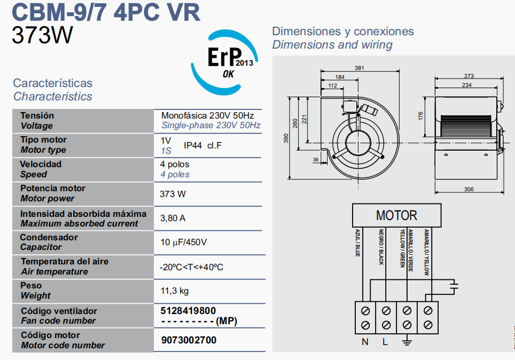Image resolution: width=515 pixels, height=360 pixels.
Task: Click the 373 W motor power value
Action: point(173,194)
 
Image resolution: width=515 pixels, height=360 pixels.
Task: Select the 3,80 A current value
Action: point(173,218)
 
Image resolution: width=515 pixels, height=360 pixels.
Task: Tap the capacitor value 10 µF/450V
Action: point(183,242)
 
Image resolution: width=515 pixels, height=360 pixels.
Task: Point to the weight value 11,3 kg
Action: point(175,291)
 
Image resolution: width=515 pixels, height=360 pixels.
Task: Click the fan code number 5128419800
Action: point(188,310)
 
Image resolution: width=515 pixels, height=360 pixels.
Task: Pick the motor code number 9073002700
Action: point(189,340)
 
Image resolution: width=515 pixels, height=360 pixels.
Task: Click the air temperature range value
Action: point(191,267)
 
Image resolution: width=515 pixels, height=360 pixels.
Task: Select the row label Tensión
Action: point(37,115)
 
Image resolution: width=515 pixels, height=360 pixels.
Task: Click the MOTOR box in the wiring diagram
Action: point(396,215)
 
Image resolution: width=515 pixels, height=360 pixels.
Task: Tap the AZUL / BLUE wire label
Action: point(358,244)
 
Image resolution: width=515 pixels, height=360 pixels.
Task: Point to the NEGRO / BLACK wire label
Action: point(381,247)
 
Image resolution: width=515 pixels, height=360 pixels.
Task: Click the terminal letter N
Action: point(365,342)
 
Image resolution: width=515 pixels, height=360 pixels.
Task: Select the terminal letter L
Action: point(385,342)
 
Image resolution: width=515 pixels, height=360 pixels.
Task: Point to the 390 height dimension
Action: point(285,138)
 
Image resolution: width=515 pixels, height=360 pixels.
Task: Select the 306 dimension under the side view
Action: point(469,189)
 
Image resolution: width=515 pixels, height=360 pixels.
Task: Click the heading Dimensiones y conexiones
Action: point(343,31)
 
